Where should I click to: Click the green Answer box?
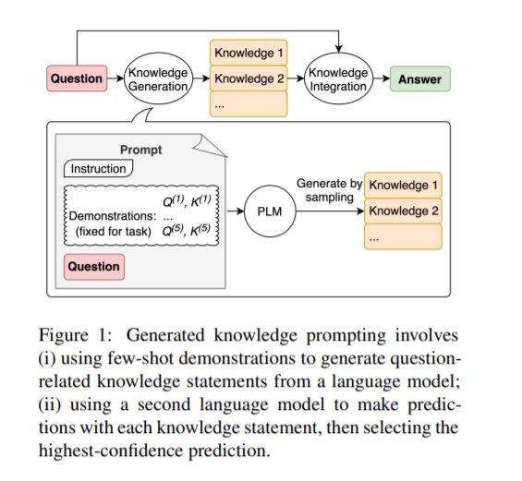tap(420, 78)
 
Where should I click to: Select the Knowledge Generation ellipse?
tap(158, 78)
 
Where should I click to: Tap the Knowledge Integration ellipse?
tap(338, 78)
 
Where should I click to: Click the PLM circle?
tap(270, 211)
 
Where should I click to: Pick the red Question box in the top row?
tap(77, 78)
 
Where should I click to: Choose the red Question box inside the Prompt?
tap(94, 267)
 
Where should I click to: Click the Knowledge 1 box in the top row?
tap(249, 53)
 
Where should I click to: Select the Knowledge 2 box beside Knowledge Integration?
tap(249, 78)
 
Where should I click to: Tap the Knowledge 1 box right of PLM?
tap(403, 185)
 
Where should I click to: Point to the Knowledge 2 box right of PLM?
tap(403, 210)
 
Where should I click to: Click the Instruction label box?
tap(99, 168)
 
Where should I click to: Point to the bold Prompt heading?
tap(140, 150)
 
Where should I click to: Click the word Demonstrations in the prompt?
tap(113, 216)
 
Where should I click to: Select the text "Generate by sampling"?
tap(330, 190)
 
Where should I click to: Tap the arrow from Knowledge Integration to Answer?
tap(382, 78)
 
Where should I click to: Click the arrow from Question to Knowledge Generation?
tap(115, 78)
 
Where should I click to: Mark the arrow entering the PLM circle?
tap(236, 210)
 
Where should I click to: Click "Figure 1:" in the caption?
tap(75, 335)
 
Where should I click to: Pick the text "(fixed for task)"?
tap(114, 231)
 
